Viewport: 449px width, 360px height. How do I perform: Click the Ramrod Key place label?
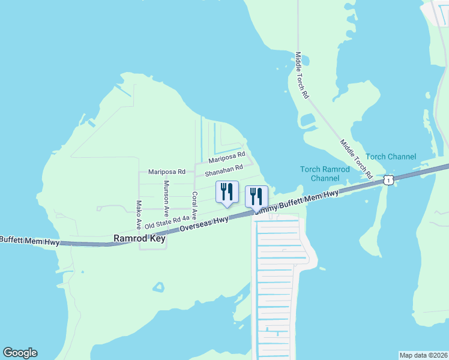point(139,238)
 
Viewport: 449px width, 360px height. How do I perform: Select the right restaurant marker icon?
point(256,196)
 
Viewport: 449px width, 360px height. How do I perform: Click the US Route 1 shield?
point(389,180)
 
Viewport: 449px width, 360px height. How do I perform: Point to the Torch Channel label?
point(391,157)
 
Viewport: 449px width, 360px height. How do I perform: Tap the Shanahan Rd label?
point(223,171)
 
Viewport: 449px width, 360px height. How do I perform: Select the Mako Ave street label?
point(139,215)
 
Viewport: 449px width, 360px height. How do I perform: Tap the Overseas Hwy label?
point(205,224)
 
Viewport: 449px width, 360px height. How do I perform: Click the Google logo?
point(20,353)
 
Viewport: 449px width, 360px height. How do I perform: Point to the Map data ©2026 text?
point(423,355)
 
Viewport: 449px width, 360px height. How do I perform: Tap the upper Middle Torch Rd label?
point(302,75)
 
